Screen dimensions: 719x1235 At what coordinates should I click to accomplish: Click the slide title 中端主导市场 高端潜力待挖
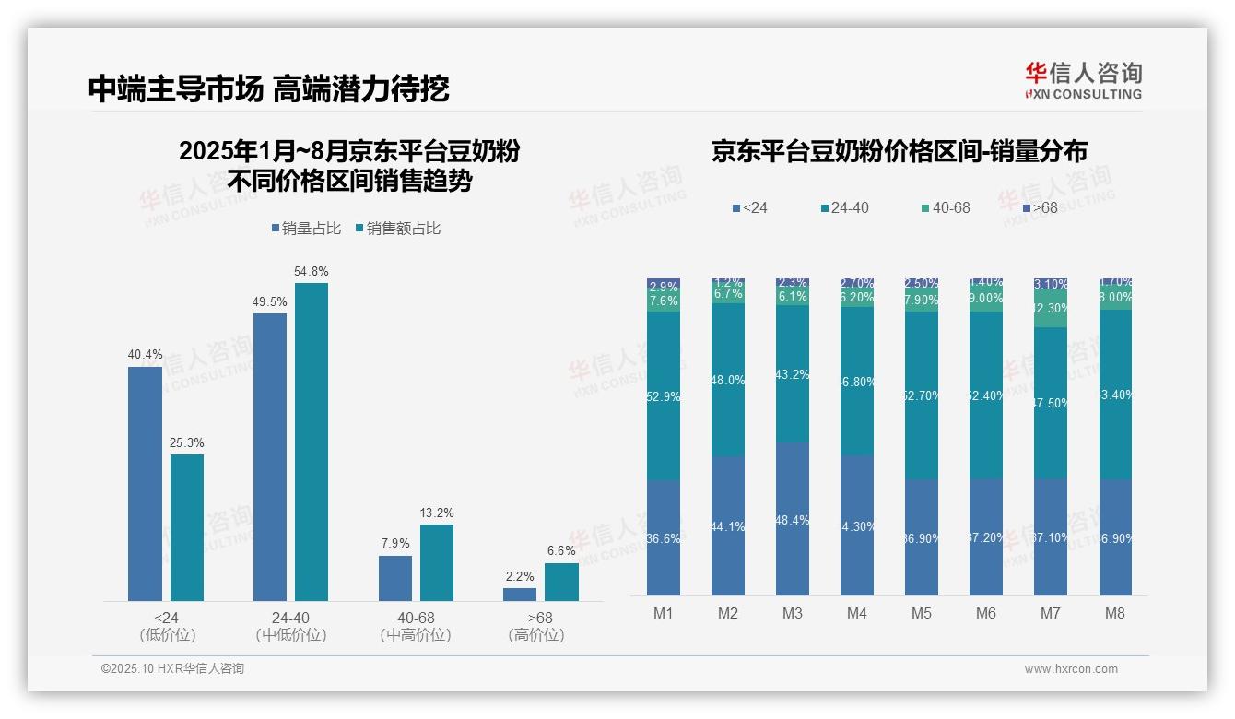268,88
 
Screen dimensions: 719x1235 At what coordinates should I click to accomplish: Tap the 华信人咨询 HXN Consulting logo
1083,80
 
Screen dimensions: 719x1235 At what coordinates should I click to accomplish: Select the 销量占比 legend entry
311,228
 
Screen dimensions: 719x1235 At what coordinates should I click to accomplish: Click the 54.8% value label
311,272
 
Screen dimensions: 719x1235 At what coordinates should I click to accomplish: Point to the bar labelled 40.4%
145,484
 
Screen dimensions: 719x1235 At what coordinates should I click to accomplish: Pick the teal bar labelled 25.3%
187,527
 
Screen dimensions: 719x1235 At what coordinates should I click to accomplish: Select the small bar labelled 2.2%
520,595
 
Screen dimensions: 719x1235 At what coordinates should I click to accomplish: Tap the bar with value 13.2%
437,562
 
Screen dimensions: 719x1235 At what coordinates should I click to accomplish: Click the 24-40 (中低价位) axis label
290,626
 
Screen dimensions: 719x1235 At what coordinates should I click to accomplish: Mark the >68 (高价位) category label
535,626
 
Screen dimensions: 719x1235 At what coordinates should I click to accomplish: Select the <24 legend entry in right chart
749,208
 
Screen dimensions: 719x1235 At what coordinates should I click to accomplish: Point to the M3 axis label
793,613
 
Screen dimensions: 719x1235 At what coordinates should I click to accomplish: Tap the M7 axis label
1051,613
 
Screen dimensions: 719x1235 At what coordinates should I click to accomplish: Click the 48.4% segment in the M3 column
793,519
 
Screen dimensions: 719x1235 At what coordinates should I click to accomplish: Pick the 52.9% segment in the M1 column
664,396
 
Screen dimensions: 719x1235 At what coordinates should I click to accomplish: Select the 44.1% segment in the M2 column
728,525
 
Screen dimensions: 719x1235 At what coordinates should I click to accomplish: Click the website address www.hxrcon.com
1071,669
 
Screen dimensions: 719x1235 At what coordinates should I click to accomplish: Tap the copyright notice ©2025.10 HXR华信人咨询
172,669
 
